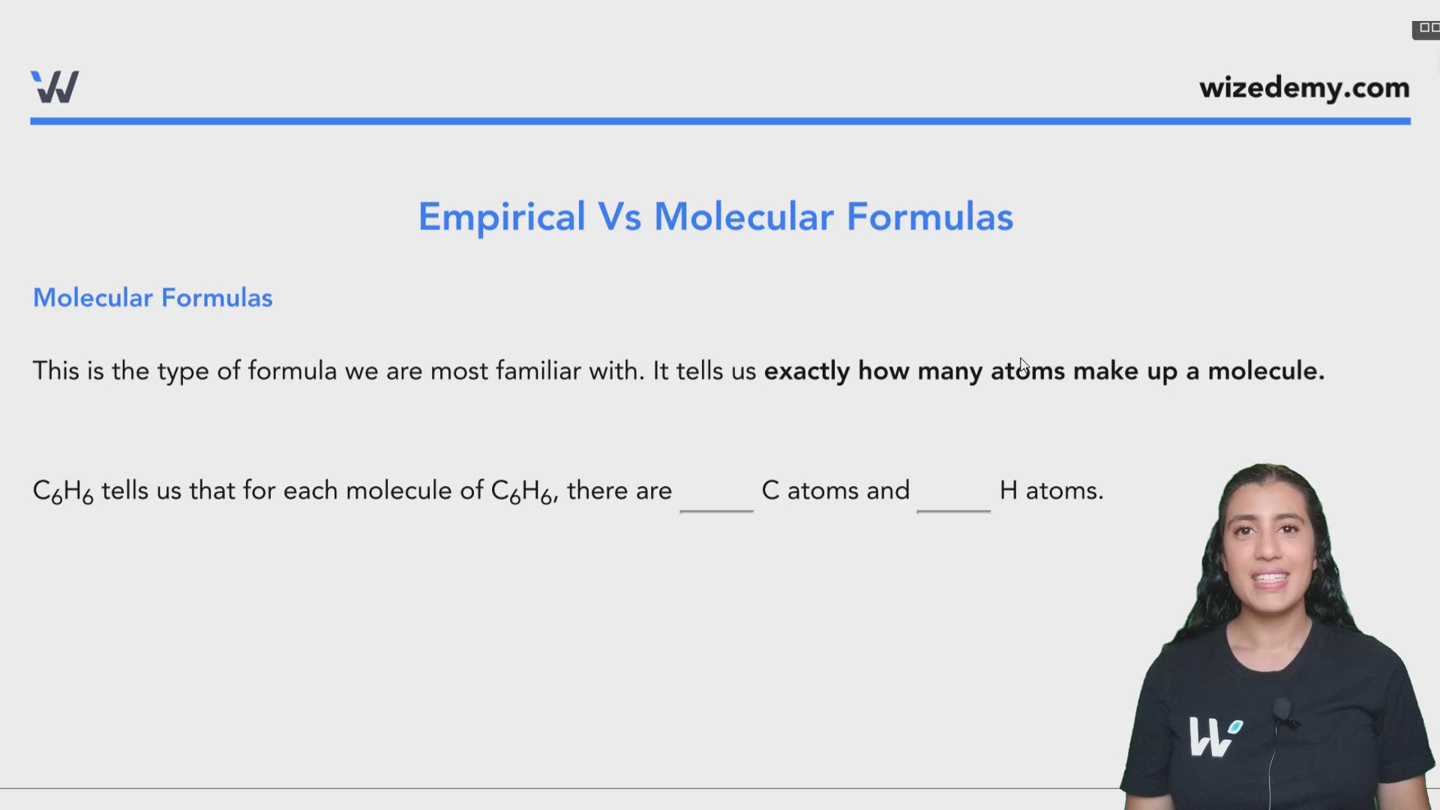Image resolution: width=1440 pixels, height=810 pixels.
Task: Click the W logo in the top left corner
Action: coord(55,87)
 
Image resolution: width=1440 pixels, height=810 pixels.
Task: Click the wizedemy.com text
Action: coord(1304,88)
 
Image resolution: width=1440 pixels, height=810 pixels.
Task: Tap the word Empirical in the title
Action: coord(501,217)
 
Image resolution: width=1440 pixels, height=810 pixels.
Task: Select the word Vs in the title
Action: coord(619,217)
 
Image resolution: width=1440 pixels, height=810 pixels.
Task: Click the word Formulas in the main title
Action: coord(930,217)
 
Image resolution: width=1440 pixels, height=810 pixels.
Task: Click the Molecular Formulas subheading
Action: coord(152,298)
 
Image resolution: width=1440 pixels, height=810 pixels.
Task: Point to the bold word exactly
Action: coord(806,371)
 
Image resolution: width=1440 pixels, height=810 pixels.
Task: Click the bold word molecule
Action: coord(1265,371)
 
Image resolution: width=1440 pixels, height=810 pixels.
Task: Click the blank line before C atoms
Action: coord(716,508)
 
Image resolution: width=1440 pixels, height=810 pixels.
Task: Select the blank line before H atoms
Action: coord(953,508)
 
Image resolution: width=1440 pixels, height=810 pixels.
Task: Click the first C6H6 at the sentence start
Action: coord(63,491)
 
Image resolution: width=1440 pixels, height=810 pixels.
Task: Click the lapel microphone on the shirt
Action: coord(1282,709)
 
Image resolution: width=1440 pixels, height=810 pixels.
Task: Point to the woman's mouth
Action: coord(1270,580)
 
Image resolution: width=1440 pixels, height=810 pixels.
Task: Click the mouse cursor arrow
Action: coord(1024,366)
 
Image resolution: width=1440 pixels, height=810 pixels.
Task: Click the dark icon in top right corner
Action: coord(1426,28)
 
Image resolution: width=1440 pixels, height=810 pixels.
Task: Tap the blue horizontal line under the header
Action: coord(720,121)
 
